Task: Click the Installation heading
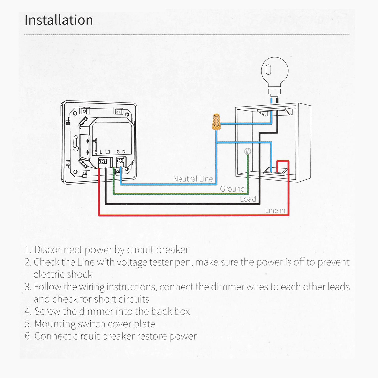[x=59, y=20]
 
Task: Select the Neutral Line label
[x=193, y=179]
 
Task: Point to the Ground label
[x=232, y=189]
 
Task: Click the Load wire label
[x=248, y=199]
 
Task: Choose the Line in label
[x=275, y=210]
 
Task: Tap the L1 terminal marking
[x=108, y=152]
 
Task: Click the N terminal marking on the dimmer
[x=124, y=152]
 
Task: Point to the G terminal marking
[x=118, y=152]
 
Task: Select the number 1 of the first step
[x=27, y=250]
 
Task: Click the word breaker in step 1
[x=172, y=250]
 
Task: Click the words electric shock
[x=63, y=274]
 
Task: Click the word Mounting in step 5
[x=55, y=324]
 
